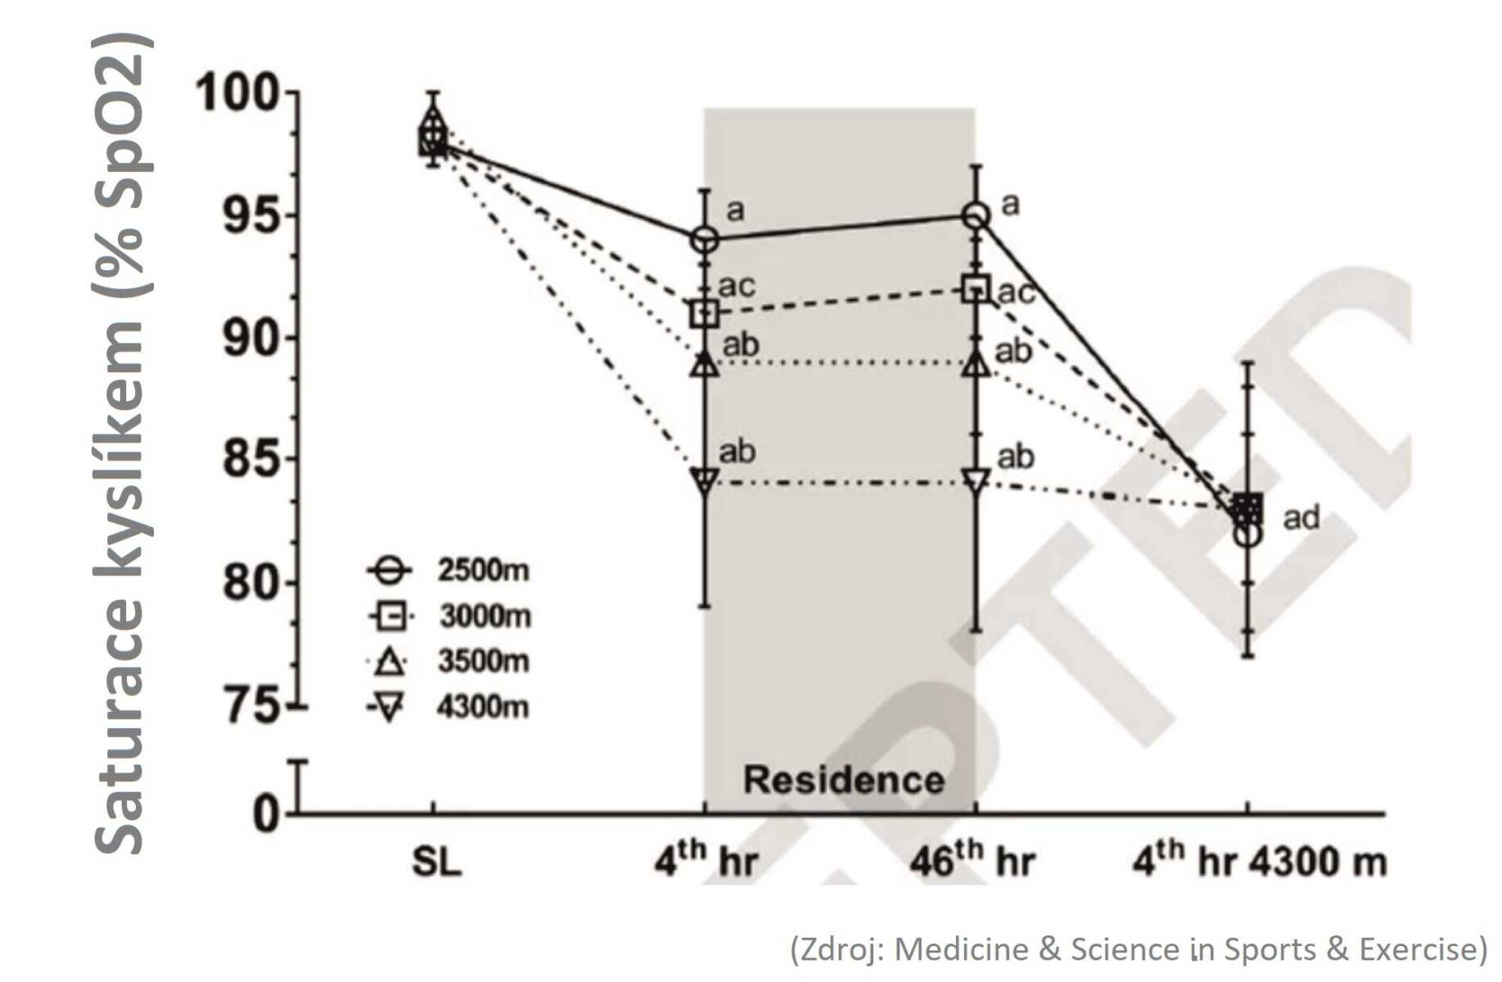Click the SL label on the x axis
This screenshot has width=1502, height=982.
coord(436,862)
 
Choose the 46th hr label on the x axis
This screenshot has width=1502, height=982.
coord(972,859)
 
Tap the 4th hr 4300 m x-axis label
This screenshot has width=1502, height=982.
coord(1258,859)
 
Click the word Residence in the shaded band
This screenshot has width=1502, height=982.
coord(843,779)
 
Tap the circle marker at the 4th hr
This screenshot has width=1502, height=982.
coord(705,241)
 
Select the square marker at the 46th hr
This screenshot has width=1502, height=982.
coord(975,289)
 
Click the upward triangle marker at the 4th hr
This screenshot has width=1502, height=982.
coord(705,365)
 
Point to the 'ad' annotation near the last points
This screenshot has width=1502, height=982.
coord(1301,518)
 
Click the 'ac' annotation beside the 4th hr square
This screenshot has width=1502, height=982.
coord(736,286)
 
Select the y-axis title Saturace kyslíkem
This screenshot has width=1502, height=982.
coord(123,442)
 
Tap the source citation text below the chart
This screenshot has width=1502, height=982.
coord(1138,949)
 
